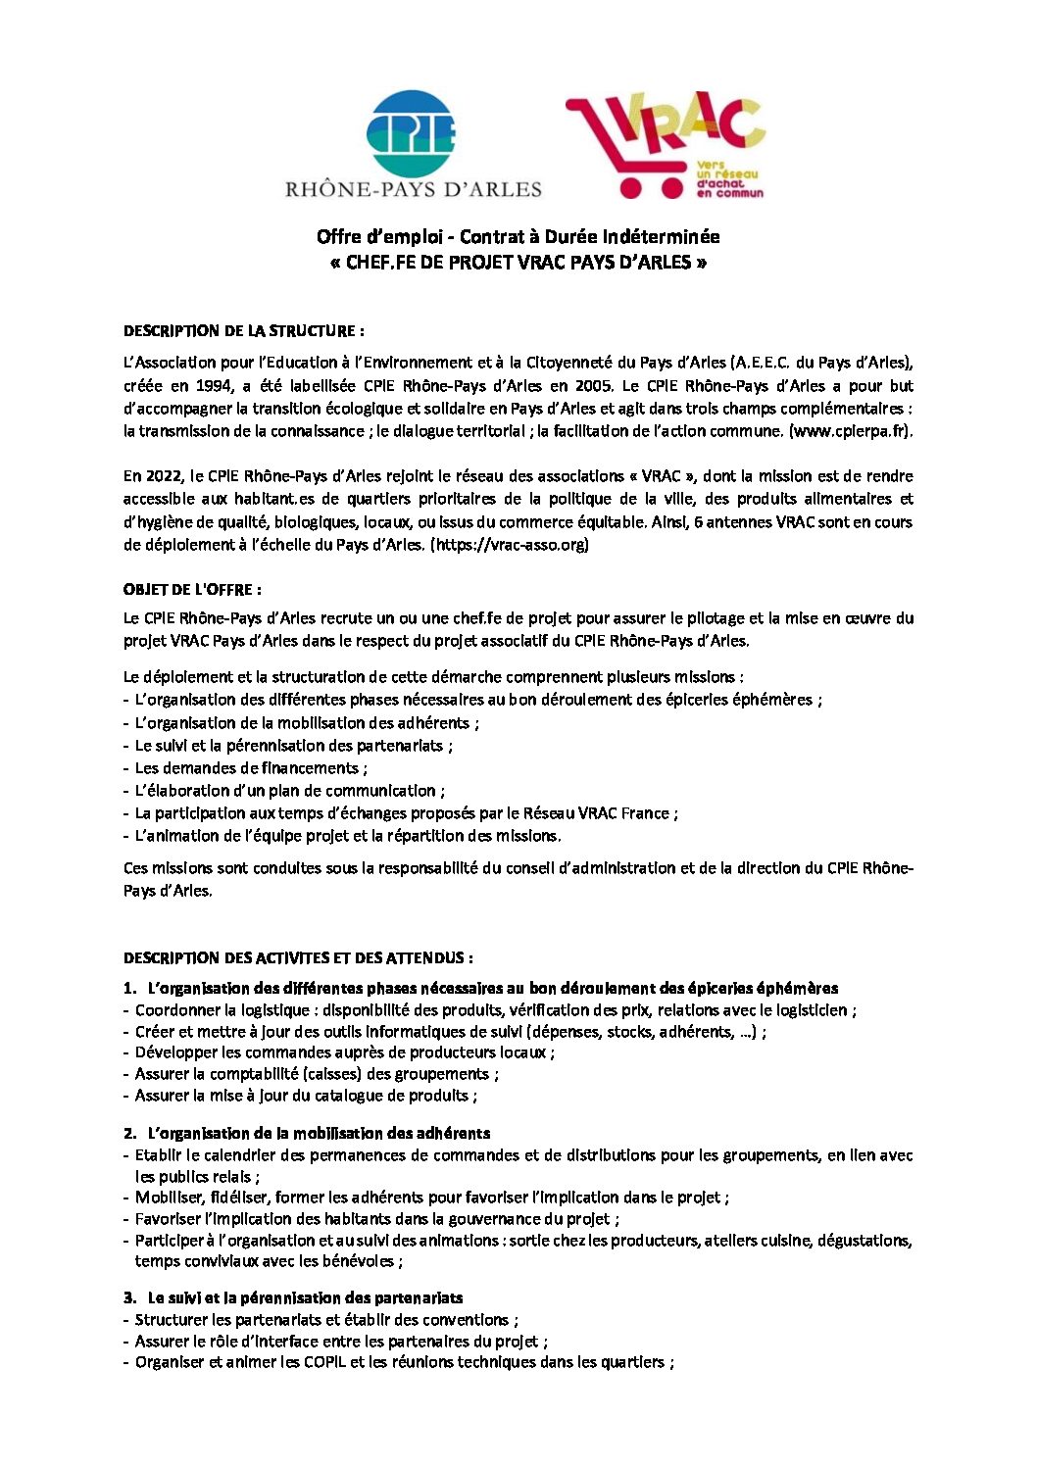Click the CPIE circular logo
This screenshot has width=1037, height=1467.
411,134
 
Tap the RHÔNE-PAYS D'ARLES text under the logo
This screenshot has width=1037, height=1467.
413,188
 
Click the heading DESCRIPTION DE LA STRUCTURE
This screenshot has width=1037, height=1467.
244,330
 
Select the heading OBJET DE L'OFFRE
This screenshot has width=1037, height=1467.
192,590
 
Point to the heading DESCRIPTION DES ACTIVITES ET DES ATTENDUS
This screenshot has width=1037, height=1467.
298,957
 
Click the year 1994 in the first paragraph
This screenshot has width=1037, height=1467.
215,386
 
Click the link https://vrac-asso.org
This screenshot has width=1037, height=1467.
509,545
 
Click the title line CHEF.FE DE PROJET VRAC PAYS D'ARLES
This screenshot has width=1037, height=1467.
518,263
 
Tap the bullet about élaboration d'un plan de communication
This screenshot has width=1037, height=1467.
289,791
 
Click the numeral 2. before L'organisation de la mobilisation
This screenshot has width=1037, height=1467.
129,1134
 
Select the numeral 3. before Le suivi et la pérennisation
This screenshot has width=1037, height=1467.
129,1298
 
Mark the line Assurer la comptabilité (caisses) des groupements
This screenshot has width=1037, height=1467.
317,1074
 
